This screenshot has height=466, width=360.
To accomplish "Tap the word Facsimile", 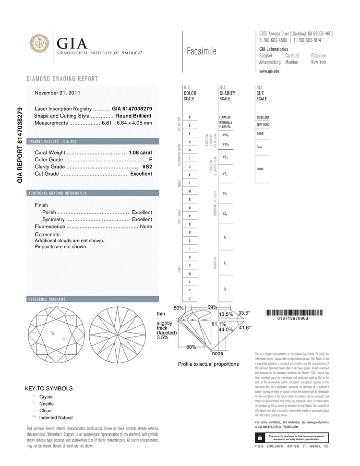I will [x=201, y=51].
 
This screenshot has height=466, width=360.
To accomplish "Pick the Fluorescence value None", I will [x=146, y=226].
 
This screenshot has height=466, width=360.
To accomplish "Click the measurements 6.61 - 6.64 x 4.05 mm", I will [x=127, y=123].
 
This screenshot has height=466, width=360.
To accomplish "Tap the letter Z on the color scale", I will [x=190, y=299].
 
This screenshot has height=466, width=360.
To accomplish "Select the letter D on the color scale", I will [x=190, y=117].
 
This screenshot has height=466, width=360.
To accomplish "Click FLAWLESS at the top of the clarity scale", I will [x=225, y=117].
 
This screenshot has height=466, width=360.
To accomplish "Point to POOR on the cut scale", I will [x=260, y=169].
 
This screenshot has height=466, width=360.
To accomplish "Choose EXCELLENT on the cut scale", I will [x=263, y=117].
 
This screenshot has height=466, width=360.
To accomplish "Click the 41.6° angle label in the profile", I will [x=245, y=328].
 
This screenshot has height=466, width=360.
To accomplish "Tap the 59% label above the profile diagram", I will [x=212, y=307].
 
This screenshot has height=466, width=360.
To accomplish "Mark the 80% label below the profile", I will [x=191, y=347].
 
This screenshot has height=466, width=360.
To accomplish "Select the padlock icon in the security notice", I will [x=259, y=438].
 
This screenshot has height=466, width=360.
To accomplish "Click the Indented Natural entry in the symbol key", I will [x=56, y=418].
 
